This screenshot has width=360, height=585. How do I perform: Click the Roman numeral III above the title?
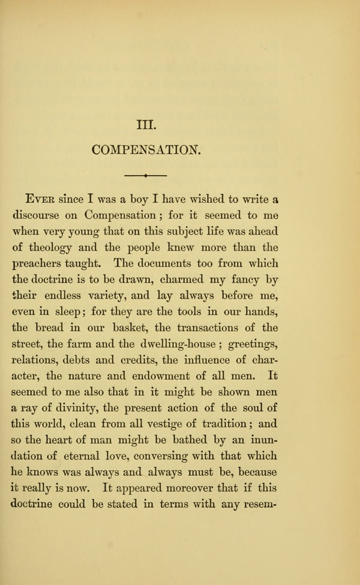point(146,125)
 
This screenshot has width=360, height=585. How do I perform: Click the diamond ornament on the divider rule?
point(146,176)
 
